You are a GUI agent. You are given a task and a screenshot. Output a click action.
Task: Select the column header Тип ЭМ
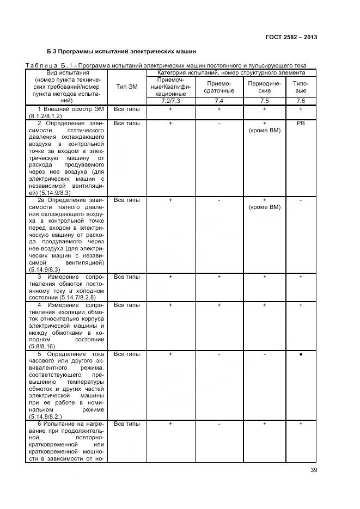(x=127, y=87)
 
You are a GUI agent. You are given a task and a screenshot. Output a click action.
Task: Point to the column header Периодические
(x=264, y=87)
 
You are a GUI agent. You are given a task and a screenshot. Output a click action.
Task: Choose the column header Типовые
(x=300, y=87)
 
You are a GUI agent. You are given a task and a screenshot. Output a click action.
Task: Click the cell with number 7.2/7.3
(x=170, y=101)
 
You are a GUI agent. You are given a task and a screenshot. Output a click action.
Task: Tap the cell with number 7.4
(x=218, y=101)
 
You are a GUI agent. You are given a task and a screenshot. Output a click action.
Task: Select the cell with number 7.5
(x=264, y=101)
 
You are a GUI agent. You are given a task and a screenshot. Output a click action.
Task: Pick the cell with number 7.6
(x=300, y=101)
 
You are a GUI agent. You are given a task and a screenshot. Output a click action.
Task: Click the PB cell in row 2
(x=300, y=124)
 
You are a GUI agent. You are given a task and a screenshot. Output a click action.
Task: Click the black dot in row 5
(x=300, y=354)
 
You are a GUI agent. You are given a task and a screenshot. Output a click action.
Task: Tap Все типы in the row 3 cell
(x=127, y=277)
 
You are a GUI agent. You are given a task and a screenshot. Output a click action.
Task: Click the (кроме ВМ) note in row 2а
(x=264, y=207)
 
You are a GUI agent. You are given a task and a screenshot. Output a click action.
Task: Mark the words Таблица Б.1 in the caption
(x=49, y=66)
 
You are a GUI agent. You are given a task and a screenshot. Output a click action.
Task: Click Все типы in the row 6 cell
(x=127, y=424)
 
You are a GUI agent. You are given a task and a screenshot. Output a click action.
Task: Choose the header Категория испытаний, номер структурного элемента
(x=231, y=72)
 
